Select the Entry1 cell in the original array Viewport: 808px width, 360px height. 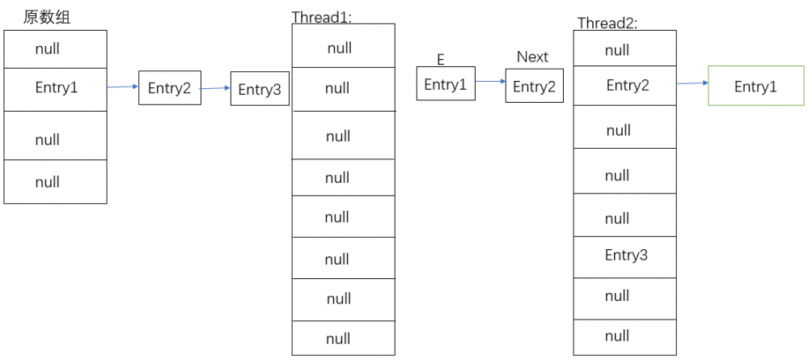click(55, 88)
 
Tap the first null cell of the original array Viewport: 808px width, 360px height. click(55, 49)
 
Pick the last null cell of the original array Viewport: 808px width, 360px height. click(55, 182)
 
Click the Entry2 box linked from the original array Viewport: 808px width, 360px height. click(169, 88)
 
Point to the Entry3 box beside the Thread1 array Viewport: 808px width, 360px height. click(260, 90)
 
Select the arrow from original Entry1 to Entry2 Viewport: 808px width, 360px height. click(122, 87)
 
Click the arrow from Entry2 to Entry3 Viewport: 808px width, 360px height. click(215, 88)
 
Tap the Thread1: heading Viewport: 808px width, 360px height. click(323, 17)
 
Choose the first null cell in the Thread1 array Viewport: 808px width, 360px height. click(343, 48)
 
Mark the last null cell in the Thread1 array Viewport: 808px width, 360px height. click(343, 337)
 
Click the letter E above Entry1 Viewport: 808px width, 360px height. click(441, 60)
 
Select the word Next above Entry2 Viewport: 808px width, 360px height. click(532, 57)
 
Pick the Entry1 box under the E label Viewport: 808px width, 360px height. click(446, 85)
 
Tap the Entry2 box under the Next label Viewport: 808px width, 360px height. click(535, 87)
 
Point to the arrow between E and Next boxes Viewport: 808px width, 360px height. click(490, 82)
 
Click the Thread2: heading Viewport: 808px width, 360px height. click(607, 23)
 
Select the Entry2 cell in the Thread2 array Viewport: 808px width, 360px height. click(624, 85)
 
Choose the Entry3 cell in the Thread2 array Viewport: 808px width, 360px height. click(624, 256)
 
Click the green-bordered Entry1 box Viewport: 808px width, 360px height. click(755, 87)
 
